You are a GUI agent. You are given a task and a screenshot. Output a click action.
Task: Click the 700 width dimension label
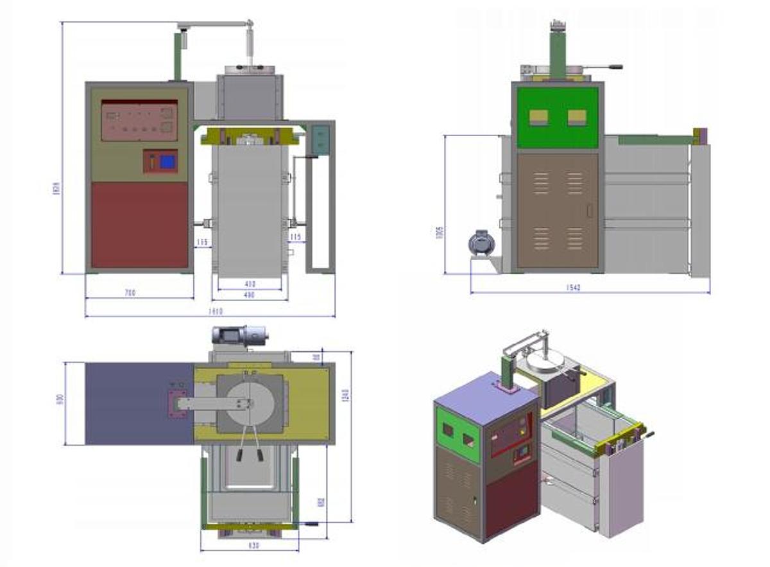(x=130, y=293)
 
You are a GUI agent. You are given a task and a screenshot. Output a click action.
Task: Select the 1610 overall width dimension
(x=216, y=311)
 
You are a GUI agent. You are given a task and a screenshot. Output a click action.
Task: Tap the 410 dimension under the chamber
(x=250, y=283)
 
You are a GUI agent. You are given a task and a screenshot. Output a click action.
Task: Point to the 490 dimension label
(x=250, y=295)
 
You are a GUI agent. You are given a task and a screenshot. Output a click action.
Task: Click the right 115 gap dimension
(x=295, y=238)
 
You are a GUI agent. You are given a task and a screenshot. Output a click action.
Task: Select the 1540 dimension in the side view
(x=574, y=288)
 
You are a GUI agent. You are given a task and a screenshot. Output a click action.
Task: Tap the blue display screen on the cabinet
(x=167, y=162)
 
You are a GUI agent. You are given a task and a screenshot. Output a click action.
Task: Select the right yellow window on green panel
(x=577, y=117)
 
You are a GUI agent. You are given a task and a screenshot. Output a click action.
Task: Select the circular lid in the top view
(x=250, y=404)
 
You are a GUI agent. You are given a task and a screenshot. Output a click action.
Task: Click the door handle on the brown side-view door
(x=590, y=209)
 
